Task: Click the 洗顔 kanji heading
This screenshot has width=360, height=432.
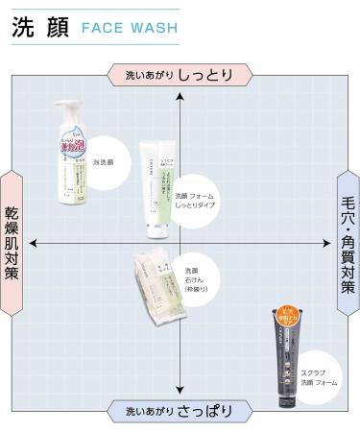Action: point(39,28)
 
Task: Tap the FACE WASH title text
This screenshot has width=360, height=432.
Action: point(130,29)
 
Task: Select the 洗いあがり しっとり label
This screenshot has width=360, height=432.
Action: point(180,74)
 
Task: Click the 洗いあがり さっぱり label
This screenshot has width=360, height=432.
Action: point(180,411)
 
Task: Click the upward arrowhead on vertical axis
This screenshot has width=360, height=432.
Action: point(180,96)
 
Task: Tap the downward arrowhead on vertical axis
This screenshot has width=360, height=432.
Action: point(180,390)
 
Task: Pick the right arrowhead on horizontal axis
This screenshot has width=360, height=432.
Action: point(325,243)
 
